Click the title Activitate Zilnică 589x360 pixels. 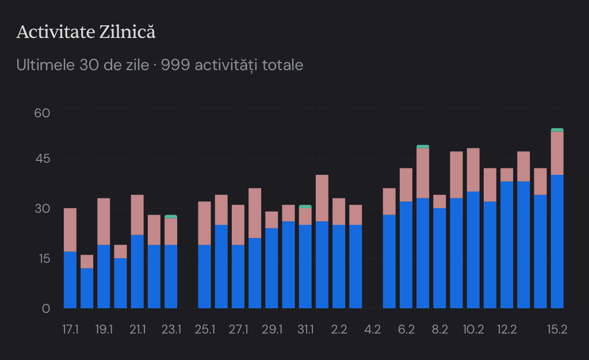pos(86,32)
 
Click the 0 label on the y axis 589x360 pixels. pos(45,308)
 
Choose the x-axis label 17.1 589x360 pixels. pos(70,330)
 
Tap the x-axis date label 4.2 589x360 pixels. pos(373,330)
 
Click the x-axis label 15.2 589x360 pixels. pos(557,330)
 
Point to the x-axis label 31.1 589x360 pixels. pos(305,330)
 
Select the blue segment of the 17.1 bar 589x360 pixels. pos(70,279)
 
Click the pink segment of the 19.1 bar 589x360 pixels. pos(104,221)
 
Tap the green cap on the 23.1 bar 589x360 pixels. pos(171,217)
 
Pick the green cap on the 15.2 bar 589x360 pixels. pos(557,130)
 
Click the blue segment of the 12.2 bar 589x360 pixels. pos(507,244)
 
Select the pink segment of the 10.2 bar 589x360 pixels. pos(473,170)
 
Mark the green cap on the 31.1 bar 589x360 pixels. pos(305,206)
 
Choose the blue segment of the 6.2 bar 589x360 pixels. pos(406,255)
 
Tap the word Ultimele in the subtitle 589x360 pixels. pos(45,65)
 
